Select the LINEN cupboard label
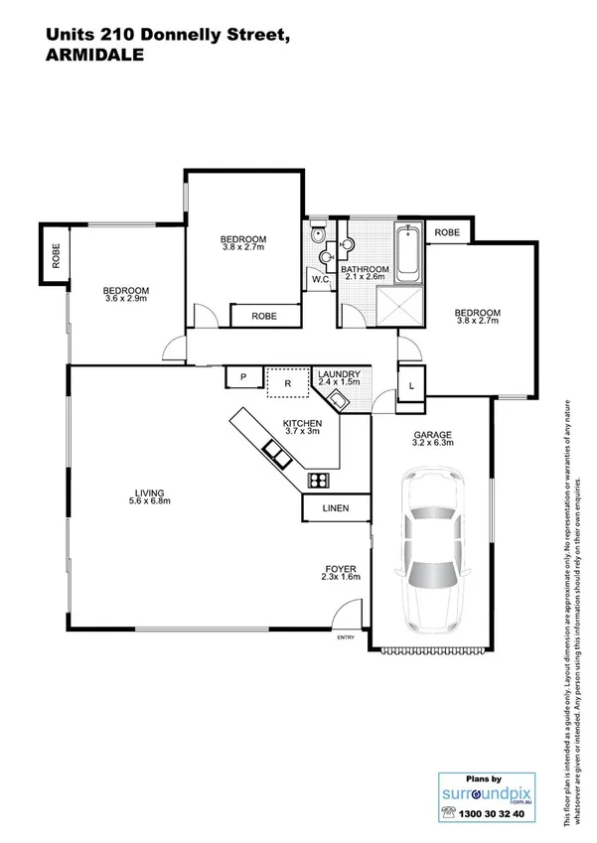[x=336, y=509]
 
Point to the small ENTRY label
[x=346, y=637]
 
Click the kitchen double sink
[x=276, y=455]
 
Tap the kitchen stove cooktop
[x=319, y=482]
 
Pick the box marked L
[x=410, y=383]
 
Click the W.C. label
[x=320, y=280]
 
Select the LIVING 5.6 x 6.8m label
[x=151, y=496]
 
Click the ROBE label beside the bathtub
[x=447, y=232]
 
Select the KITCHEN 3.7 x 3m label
[x=302, y=427]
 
